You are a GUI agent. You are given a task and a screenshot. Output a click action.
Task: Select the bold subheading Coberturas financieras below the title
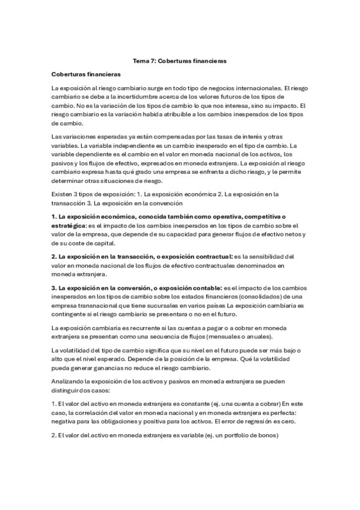tap(87, 75)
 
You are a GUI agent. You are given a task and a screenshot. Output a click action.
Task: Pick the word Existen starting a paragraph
tap(63, 194)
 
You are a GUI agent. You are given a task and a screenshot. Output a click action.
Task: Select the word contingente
tap(70, 315)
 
